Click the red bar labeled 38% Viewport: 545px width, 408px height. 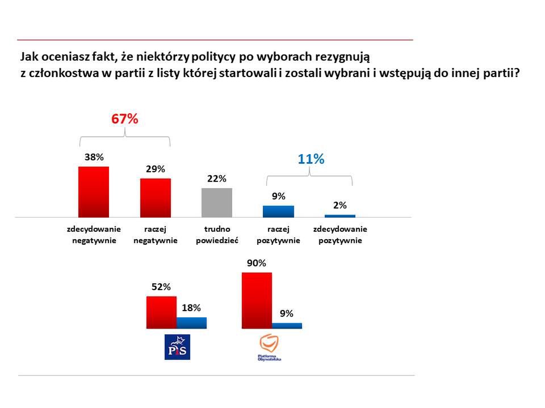[x=93, y=192]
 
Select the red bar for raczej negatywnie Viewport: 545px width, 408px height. [x=156, y=198]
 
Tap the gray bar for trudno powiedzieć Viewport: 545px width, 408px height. [x=217, y=202]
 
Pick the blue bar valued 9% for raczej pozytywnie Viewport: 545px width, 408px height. [x=278, y=211]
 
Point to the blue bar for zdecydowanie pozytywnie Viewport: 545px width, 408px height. [x=339, y=216]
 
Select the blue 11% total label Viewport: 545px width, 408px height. [x=311, y=159]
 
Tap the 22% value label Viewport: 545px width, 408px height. [x=217, y=178]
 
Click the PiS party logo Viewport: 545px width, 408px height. [x=177, y=347]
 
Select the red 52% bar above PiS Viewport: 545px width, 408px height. [x=161, y=312]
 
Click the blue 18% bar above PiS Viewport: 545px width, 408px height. [x=191, y=323]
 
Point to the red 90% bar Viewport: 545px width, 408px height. [x=257, y=300]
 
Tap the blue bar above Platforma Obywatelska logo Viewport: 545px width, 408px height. [x=287, y=326]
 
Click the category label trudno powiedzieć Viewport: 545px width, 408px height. [x=217, y=235]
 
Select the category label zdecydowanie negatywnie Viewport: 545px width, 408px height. [x=94, y=235]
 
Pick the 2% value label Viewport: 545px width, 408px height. [x=339, y=205]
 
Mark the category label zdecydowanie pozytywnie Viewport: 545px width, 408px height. [x=340, y=235]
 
